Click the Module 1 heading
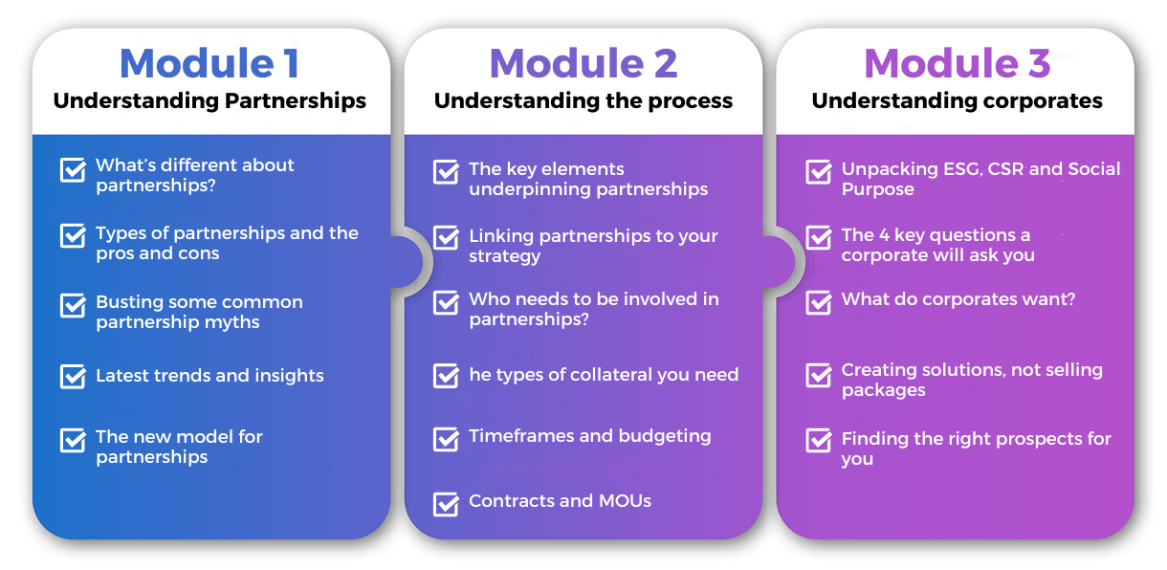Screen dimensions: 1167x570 click(x=209, y=63)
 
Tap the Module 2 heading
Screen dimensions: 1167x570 click(x=583, y=63)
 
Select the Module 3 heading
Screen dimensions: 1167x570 click(x=958, y=63)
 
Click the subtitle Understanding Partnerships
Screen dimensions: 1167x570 click(x=209, y=101)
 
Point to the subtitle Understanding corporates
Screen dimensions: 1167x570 click(x=958, y=101)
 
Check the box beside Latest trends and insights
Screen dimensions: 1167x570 click(x=73, y=376)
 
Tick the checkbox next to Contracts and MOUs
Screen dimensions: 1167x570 click(x=446, y=503)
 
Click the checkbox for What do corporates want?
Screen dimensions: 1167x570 click(x=819, y=301)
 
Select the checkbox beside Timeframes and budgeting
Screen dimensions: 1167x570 click(x=446, y=439)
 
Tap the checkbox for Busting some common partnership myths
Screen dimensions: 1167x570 click(x=73, y=305)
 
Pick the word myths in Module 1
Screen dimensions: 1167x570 click(x=231, y=323)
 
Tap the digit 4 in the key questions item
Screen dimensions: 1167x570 click(x=884, y=235)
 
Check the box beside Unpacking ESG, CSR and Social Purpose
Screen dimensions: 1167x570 click(x=819, y=172)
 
